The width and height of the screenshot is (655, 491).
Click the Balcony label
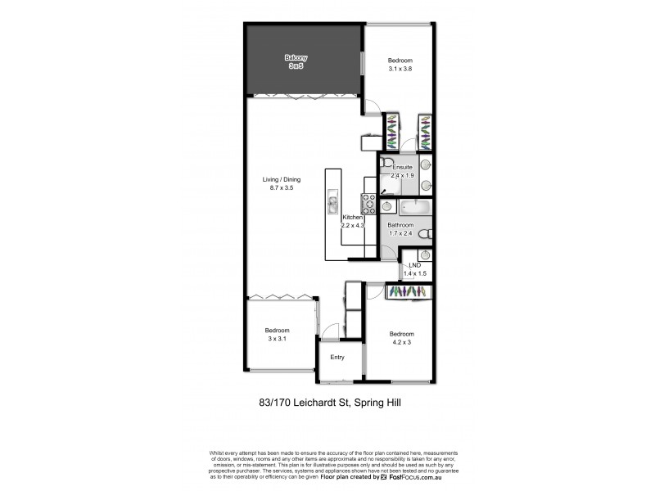(296, 57)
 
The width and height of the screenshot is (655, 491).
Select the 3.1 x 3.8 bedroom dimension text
(400, 70)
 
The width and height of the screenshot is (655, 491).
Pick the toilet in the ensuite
(384, 161)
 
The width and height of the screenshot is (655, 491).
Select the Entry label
(337, 357)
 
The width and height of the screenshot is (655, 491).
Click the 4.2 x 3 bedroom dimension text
(400, 342)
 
